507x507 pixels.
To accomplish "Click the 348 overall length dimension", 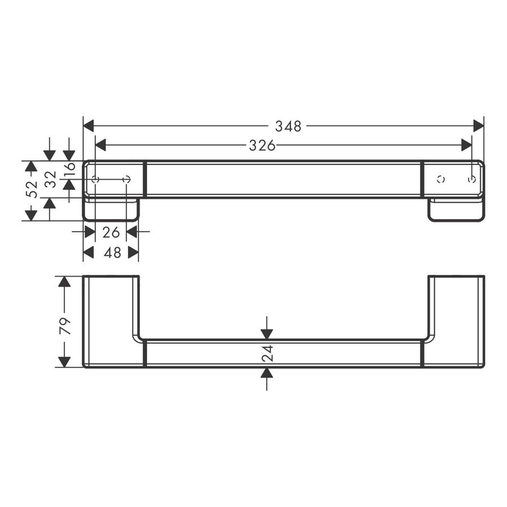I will point(288,126).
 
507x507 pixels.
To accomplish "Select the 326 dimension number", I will point(263,145).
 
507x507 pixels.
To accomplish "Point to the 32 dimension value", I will point(50,180).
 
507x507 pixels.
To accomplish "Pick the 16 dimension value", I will point(69,168).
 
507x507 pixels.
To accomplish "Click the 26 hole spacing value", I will point(111,232).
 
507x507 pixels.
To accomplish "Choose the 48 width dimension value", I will point(113,253).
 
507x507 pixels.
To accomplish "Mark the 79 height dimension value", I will point(65,326).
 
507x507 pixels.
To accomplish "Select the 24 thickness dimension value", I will point(268,353).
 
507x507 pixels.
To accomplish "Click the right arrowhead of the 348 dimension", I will point(478,126).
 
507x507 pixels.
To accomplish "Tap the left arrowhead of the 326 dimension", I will point(101,145).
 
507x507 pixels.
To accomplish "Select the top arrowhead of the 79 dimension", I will point(65,281).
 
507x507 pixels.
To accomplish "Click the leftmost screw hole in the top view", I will point(95,180).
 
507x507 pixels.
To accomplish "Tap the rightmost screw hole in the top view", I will point(472,179).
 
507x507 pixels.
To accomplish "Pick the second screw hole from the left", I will point(126,180).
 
